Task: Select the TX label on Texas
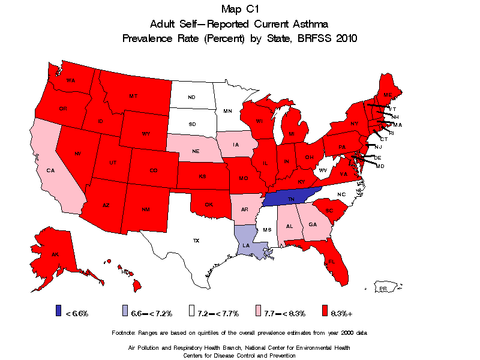[x=196, y=241]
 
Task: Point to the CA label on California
[x=50, y=170]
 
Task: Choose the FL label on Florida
[x=331, y=262]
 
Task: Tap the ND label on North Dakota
[x=191, y=97]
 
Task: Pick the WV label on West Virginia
[x=322, y=170]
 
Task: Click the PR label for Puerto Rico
[x=383, y=289]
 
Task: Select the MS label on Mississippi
[x=267, y=230]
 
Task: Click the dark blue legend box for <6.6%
[x=59, y=311]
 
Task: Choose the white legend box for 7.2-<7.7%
[x=193, y=311]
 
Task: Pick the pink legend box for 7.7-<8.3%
[x=259, y=311]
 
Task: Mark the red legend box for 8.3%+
[x=325, y=311]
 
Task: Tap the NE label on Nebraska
[x=196, y=152]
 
